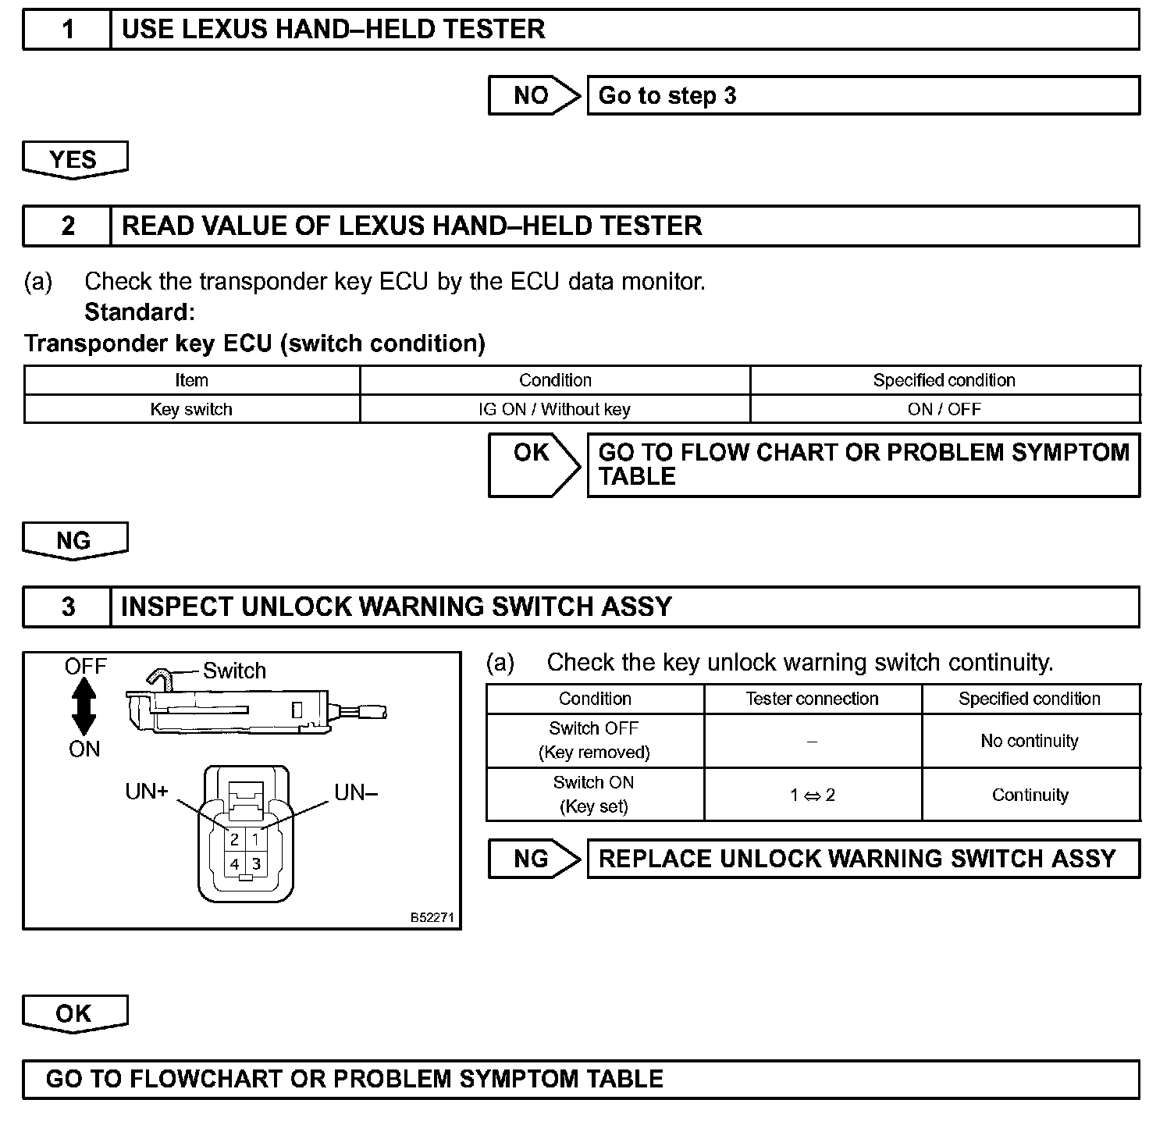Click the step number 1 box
[68, 30]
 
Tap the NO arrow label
[532, 95]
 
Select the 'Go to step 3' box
[863, 95]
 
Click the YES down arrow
[75, 160]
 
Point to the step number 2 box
[68, 226]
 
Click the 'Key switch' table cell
[191, 409]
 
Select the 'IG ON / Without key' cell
[554, 409]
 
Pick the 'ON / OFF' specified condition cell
[945, 409]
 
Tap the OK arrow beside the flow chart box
[533, 464]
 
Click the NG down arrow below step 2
[75, 541]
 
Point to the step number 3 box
[68, 607]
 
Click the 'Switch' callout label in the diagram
[234, 671]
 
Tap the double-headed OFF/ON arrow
[84, 707]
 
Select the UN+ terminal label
[147, 792]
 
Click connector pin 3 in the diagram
[256, 864]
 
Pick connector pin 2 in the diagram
[234, 841]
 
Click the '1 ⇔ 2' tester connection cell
[812, 795]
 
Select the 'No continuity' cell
[1030, 741]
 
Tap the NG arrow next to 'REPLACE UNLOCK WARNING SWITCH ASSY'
[533, 859]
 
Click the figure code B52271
[432, 917]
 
